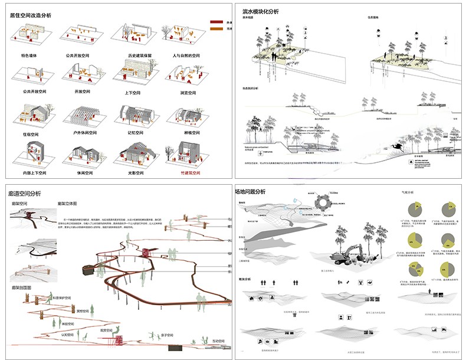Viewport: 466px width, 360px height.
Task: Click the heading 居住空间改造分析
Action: click(30, 15)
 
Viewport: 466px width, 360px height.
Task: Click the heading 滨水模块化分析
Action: click(261, 11)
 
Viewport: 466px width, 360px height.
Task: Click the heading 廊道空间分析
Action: click(25, 193)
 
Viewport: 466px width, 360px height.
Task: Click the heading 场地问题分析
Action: click(250, 192)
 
